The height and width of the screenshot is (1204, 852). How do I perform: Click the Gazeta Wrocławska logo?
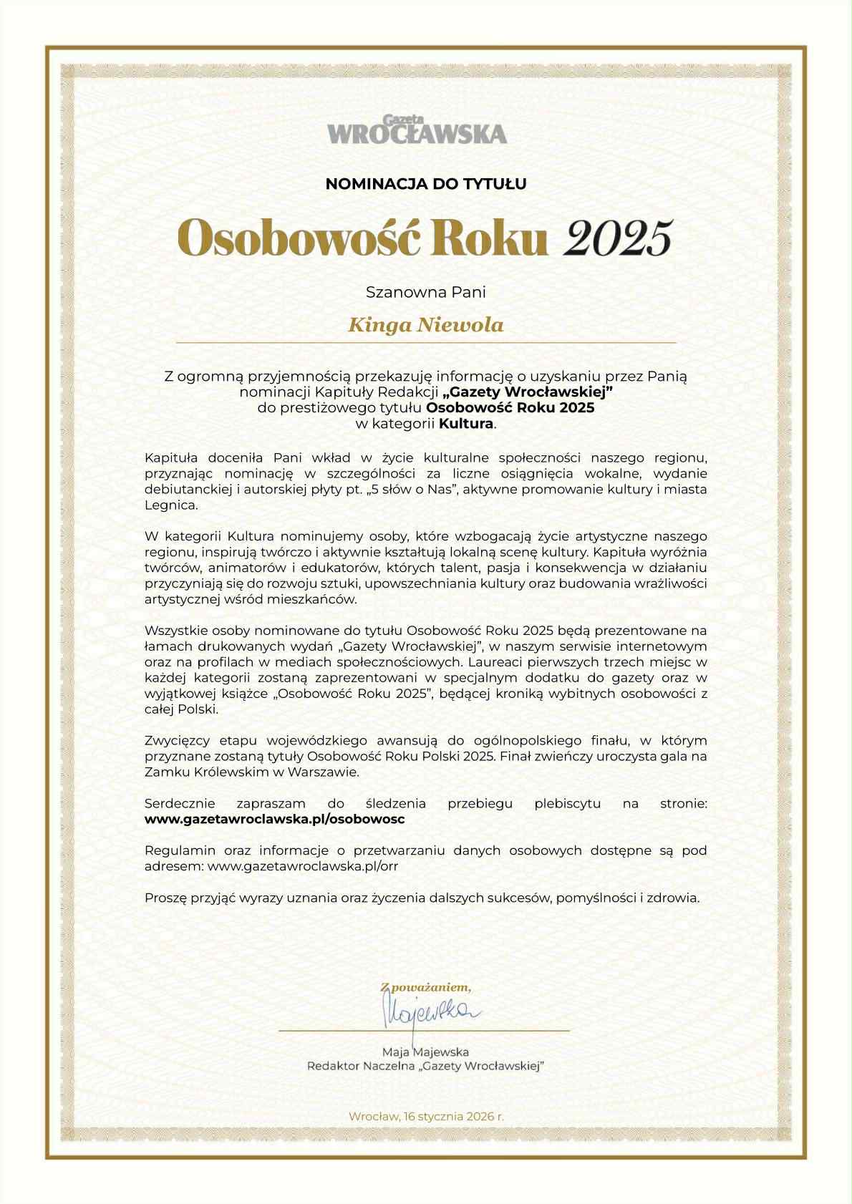coord(417,130)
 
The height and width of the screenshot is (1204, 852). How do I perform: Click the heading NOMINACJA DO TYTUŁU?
coord(426,184)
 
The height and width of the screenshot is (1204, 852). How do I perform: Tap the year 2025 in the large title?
coord(618,238)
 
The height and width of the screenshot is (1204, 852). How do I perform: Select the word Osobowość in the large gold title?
coord(297,238)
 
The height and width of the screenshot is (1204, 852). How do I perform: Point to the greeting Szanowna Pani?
coord(426,292)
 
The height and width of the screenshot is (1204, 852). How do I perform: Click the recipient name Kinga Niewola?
coord(426,326)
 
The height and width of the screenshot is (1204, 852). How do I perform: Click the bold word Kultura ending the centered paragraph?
coord(466,424)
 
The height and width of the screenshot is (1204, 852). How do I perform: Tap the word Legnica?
coord(170,505)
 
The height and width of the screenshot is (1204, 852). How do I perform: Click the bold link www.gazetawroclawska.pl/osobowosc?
coord(275,820)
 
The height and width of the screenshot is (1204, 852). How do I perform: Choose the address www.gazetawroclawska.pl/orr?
coord(302,866)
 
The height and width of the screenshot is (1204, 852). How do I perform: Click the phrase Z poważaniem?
coord(425,988)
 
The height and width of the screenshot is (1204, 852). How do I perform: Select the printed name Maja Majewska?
coord(425,1052)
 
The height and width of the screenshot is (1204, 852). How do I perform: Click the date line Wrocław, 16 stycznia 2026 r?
coord(426,1117)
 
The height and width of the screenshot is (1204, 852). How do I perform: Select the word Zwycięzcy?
coord(176,741)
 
